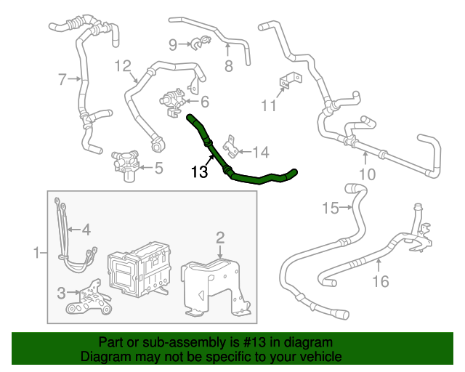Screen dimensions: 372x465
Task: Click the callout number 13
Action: (199, 172)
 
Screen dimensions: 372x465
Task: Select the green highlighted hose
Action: (247, 177)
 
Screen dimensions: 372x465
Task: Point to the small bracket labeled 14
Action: (232, 146)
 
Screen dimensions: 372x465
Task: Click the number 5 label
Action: (158, 169)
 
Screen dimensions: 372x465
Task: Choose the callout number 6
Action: (205, 102)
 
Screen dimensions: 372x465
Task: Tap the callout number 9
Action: (173, 45)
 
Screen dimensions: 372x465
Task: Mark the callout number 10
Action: (367, 174)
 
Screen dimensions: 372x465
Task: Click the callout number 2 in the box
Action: (220, 238)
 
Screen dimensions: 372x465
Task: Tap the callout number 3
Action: (61, 293)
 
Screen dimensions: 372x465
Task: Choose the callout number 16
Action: (381, 280)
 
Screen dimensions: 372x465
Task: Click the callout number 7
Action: (62, 78)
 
